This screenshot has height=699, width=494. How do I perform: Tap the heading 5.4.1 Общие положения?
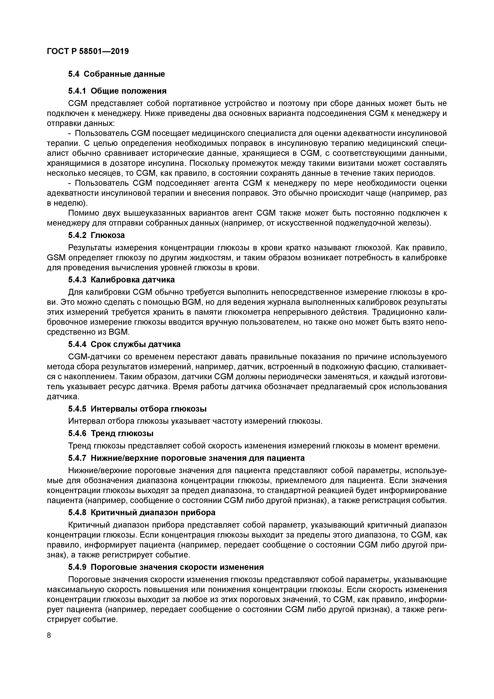(x=117, y=91)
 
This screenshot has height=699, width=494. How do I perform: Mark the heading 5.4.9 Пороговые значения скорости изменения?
(x=166, y=567)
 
